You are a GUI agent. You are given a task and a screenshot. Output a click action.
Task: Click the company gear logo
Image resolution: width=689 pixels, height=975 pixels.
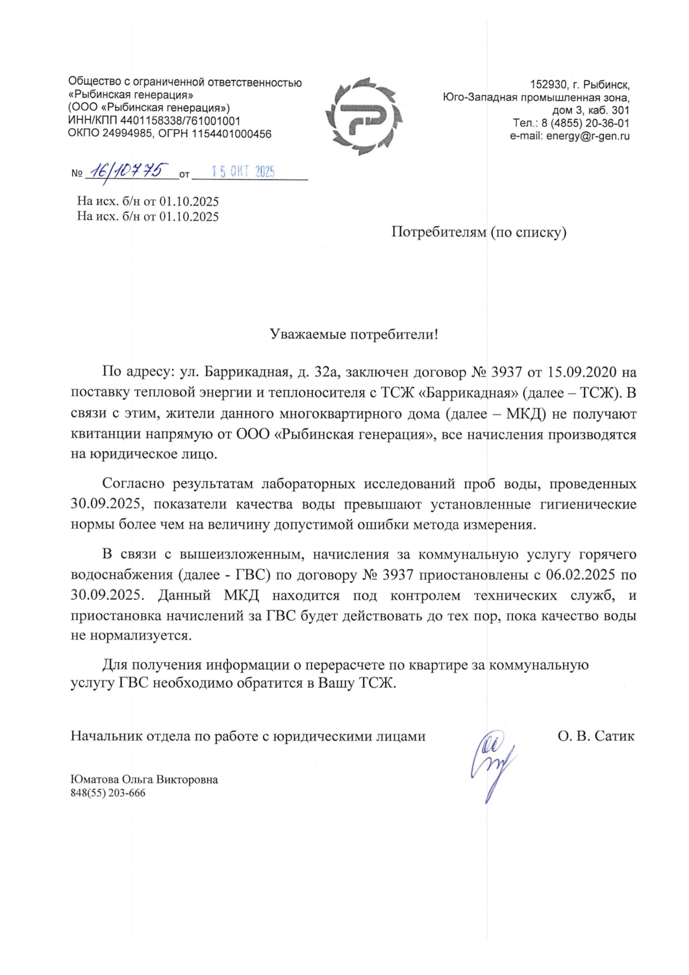[364, 116]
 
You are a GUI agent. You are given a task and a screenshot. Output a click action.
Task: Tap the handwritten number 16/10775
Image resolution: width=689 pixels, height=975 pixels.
[127, 171]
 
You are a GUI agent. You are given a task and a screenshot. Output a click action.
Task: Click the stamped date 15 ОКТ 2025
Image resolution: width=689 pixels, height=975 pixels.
[243, 172]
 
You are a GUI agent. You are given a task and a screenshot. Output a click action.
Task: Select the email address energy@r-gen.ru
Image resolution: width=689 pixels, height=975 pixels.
[588, 136]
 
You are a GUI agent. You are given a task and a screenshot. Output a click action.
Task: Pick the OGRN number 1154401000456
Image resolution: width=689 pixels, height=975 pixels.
[231, 134]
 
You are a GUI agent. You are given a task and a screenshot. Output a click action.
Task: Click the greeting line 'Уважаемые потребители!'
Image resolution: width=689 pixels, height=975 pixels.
[354, 335]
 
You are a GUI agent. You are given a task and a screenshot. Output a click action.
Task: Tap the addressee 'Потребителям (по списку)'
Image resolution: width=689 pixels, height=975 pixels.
[479, 232]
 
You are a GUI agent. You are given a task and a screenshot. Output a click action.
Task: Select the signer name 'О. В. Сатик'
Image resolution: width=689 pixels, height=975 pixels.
[595, 736]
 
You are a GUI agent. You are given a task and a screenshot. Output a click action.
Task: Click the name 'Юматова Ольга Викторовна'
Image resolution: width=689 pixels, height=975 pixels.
[144, 779]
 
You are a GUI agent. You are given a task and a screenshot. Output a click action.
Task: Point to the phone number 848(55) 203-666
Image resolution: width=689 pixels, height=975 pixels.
[108, 793]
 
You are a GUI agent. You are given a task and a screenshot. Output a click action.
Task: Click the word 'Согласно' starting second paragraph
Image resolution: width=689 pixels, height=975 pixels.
[133, 484]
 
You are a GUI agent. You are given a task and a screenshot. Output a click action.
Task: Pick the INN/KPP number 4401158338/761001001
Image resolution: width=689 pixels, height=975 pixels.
[180, 121]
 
